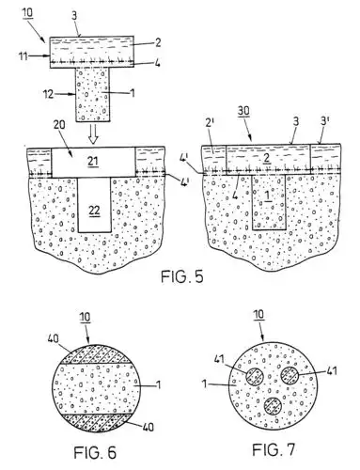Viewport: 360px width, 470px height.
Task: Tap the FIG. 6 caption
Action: click(x=92, y=451)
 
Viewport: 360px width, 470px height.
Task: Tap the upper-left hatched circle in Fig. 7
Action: click(x=253, y=374)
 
